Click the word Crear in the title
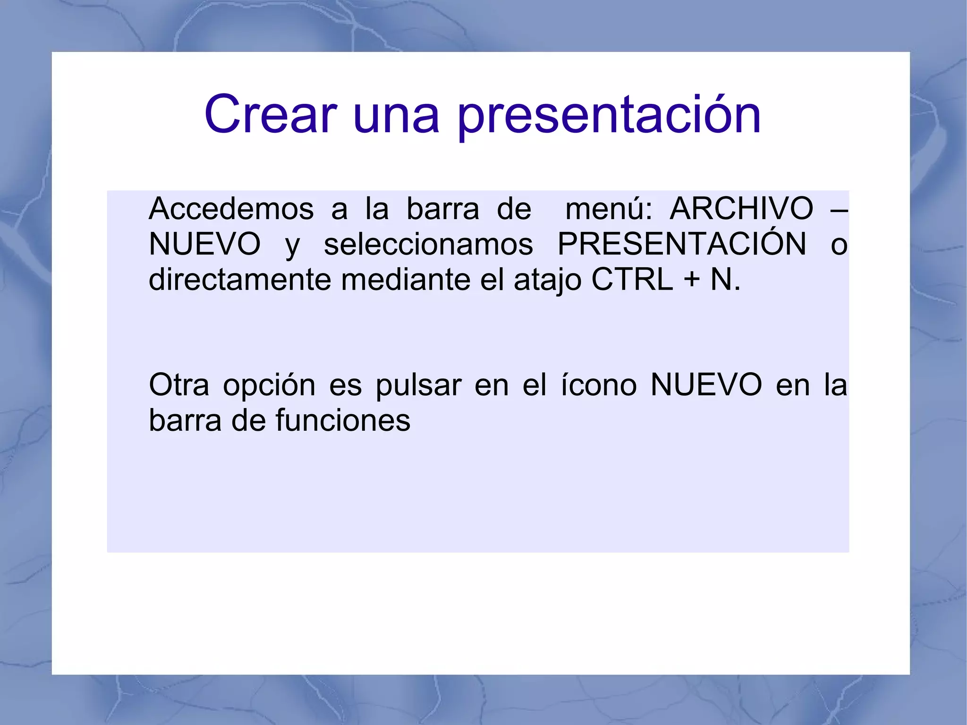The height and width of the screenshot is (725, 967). [x=270, y=115]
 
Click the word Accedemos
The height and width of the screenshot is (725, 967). [x=231, y=209]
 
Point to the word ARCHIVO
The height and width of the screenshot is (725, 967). [x=741, y=209]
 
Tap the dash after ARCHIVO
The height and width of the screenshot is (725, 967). [x=839, y=210]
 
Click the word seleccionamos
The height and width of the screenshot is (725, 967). [x=428, y=245]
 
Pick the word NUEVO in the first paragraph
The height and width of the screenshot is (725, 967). [x=204, y=244]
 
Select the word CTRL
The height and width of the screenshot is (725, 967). [x=632, y=280]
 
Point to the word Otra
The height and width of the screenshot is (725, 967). [x=178, y=385]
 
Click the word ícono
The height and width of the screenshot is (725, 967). [x=599, y=385]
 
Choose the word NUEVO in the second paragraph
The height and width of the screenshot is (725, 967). [x=706, y=385]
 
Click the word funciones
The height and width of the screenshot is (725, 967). [x=343, y=420]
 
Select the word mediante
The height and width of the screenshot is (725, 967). [x=406, y=280]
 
